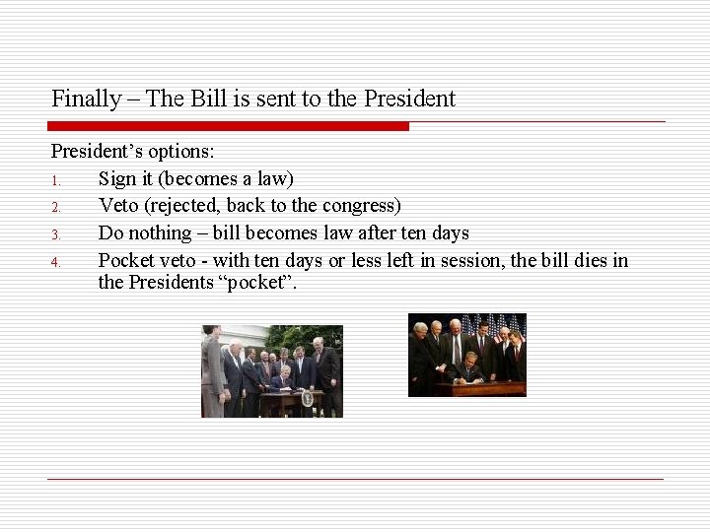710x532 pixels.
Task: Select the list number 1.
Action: [57, 180]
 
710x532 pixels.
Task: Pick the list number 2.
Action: [57, 207]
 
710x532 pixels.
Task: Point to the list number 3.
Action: [57, 234]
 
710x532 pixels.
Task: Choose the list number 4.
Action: [57, 262]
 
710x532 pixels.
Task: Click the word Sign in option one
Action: [117, 179]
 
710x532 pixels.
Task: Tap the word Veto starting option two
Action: [119, 206]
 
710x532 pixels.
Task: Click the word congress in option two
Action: [362, 206]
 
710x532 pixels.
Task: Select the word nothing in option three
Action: [160, 233]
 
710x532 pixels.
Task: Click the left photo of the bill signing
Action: [272, 371]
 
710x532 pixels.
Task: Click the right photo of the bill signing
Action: [467, 356]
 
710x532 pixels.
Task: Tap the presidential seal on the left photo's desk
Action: [307, 398]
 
